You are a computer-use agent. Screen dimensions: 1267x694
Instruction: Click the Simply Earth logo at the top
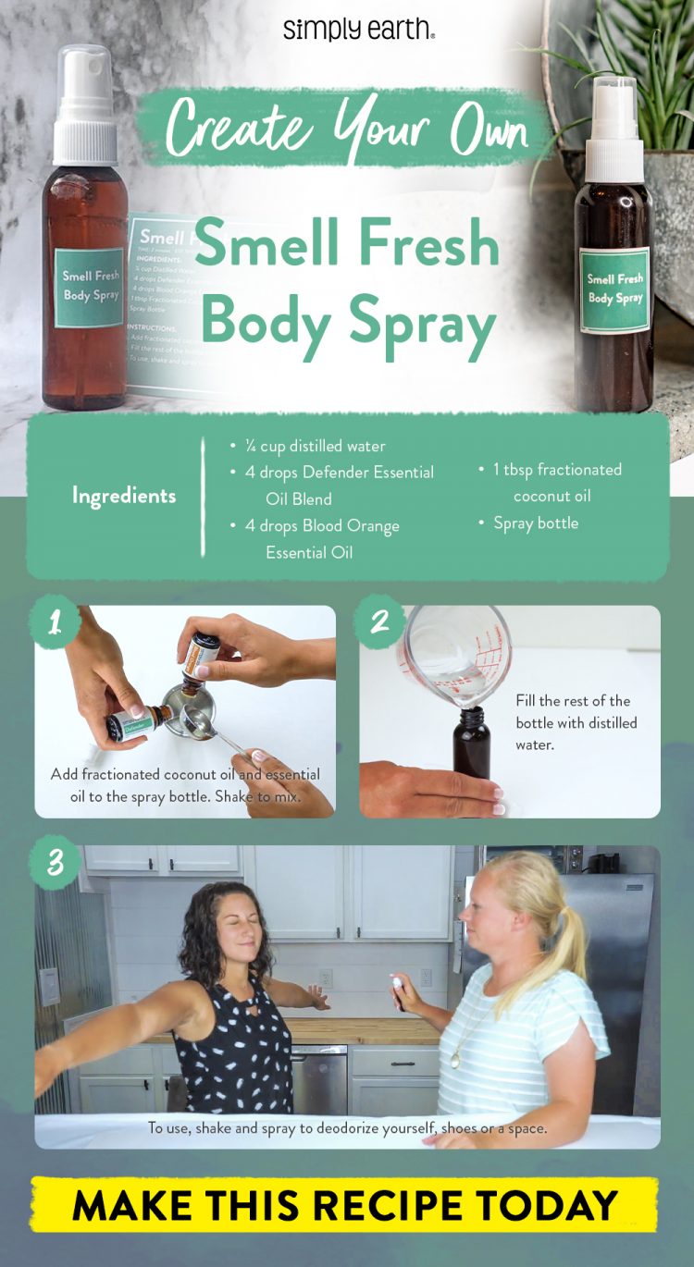point(358,29)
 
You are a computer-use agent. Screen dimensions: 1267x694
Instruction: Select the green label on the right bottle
point(615,289)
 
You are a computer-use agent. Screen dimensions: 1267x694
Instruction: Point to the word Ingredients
point(124,496)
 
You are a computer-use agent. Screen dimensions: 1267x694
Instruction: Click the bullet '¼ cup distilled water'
point(315,446)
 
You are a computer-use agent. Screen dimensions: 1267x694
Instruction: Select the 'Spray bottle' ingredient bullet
point(535,523)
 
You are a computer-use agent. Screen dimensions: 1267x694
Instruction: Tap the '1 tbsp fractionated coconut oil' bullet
point(555,482)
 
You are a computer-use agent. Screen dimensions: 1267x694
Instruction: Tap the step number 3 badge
point(56,863)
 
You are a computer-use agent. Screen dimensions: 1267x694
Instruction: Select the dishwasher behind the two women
point(319,1077)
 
